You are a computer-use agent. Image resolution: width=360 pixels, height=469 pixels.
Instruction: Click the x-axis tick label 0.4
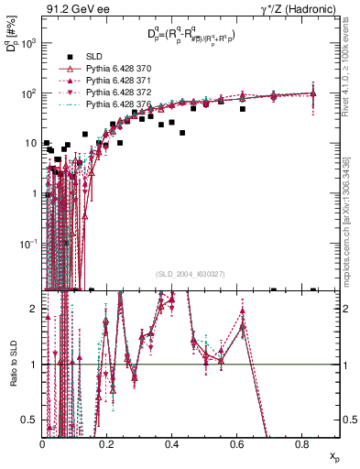coord(171,444)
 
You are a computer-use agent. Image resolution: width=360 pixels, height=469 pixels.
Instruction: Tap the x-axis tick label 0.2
coord(107,444)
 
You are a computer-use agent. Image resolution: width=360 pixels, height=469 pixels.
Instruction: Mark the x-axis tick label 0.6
coord(236,444)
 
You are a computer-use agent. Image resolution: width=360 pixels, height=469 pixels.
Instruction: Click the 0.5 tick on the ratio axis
coord(33,420)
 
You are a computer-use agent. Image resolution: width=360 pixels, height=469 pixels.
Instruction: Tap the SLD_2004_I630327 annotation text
coord(191,274)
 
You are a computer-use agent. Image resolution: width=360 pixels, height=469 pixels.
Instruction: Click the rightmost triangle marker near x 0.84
coord(313,93)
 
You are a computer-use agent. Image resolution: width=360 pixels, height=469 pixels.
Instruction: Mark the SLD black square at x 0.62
coord(243,109)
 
